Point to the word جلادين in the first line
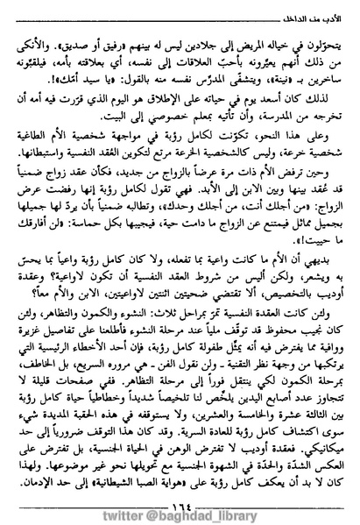tap(203, 39)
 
